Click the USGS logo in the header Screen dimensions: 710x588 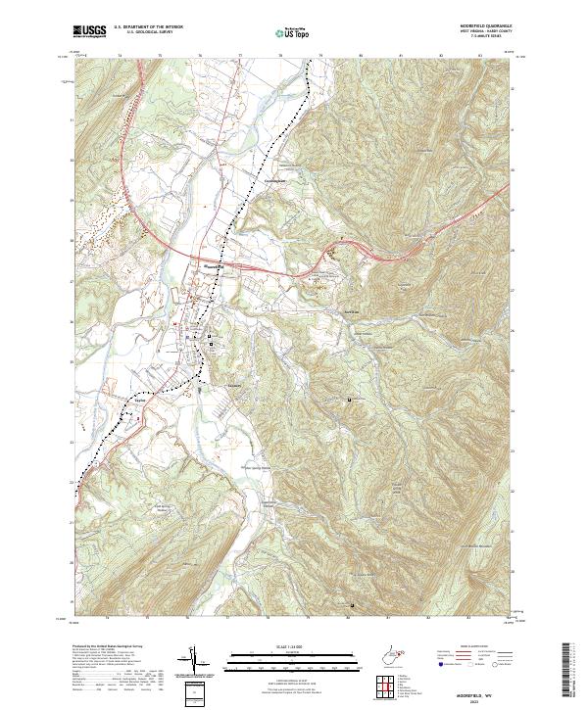pyautogui.click(x=88, y=31)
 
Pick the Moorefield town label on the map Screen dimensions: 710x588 pyautogui.click(x=212, y=264)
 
